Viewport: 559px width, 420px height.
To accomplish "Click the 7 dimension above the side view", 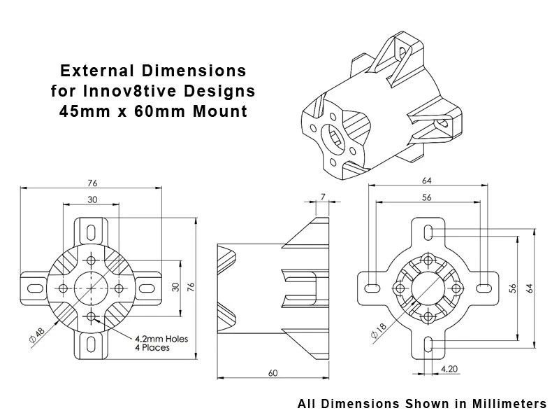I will (323, 199).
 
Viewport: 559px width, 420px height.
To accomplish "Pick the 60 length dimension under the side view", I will (273, 373).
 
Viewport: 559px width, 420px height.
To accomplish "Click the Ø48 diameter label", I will (36, 335).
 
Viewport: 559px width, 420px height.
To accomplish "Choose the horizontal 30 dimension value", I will (92, 199).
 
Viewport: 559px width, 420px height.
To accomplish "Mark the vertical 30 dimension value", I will (176, 287).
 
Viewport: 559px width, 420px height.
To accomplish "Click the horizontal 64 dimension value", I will (427, 181).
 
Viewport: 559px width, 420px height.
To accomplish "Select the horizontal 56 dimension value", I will (427, 197).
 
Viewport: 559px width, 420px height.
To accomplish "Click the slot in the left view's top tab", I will (92, 230).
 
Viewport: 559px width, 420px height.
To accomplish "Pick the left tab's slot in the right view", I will (373, 288).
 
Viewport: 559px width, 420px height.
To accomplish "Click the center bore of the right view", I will (428, 288).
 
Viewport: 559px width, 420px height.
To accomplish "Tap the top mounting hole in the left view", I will (92, 259).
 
